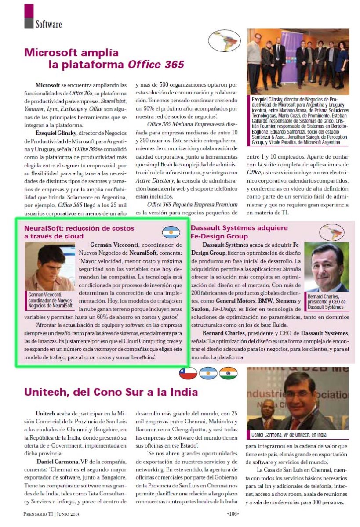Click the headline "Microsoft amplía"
pyautogui.click(x=71, y=53)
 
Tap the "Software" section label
pyautogui.click(x=49, y=24)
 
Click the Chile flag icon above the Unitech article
pyautogui.click(x=188, y=373)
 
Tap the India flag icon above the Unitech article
pyautogui.click(x=228, y=373)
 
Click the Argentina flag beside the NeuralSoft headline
pyautogui.click(x=171, y=232)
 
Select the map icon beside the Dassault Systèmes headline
pyautogui.click(x=332, y=232)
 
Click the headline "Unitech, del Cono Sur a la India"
pyautogui.click(x=111, y=392)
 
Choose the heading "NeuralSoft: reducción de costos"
pyautogui.click(x=79, y=228)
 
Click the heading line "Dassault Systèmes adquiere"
pyautogui.click(x=239, y=228)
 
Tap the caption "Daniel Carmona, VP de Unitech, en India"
pyautogui.click(x=289, y=435)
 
